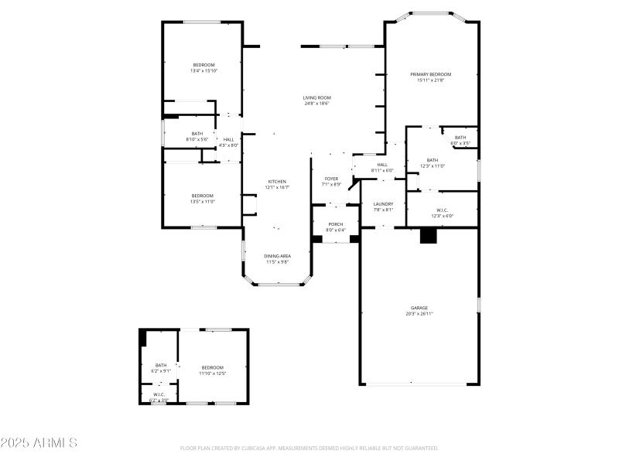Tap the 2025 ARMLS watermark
(39, 443)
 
